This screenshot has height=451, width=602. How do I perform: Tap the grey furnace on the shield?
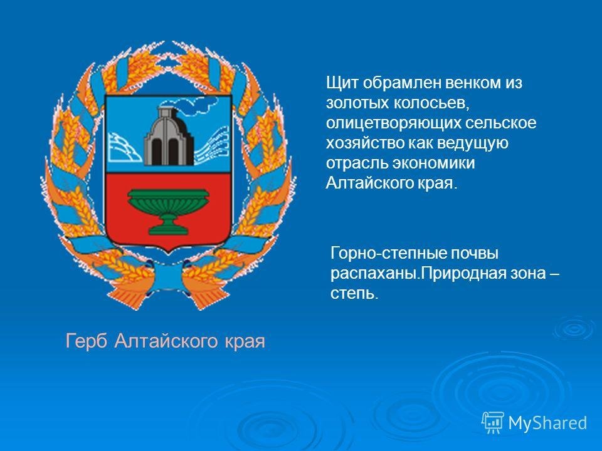coord(169,136)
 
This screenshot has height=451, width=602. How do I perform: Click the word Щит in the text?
coord(342,83)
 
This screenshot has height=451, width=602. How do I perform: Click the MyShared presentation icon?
coord(493,423)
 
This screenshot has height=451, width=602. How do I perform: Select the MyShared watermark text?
coord(547,423)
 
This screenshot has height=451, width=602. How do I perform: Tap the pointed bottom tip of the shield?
coord(168,254)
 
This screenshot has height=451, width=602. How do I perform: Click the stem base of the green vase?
coord(169,230)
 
